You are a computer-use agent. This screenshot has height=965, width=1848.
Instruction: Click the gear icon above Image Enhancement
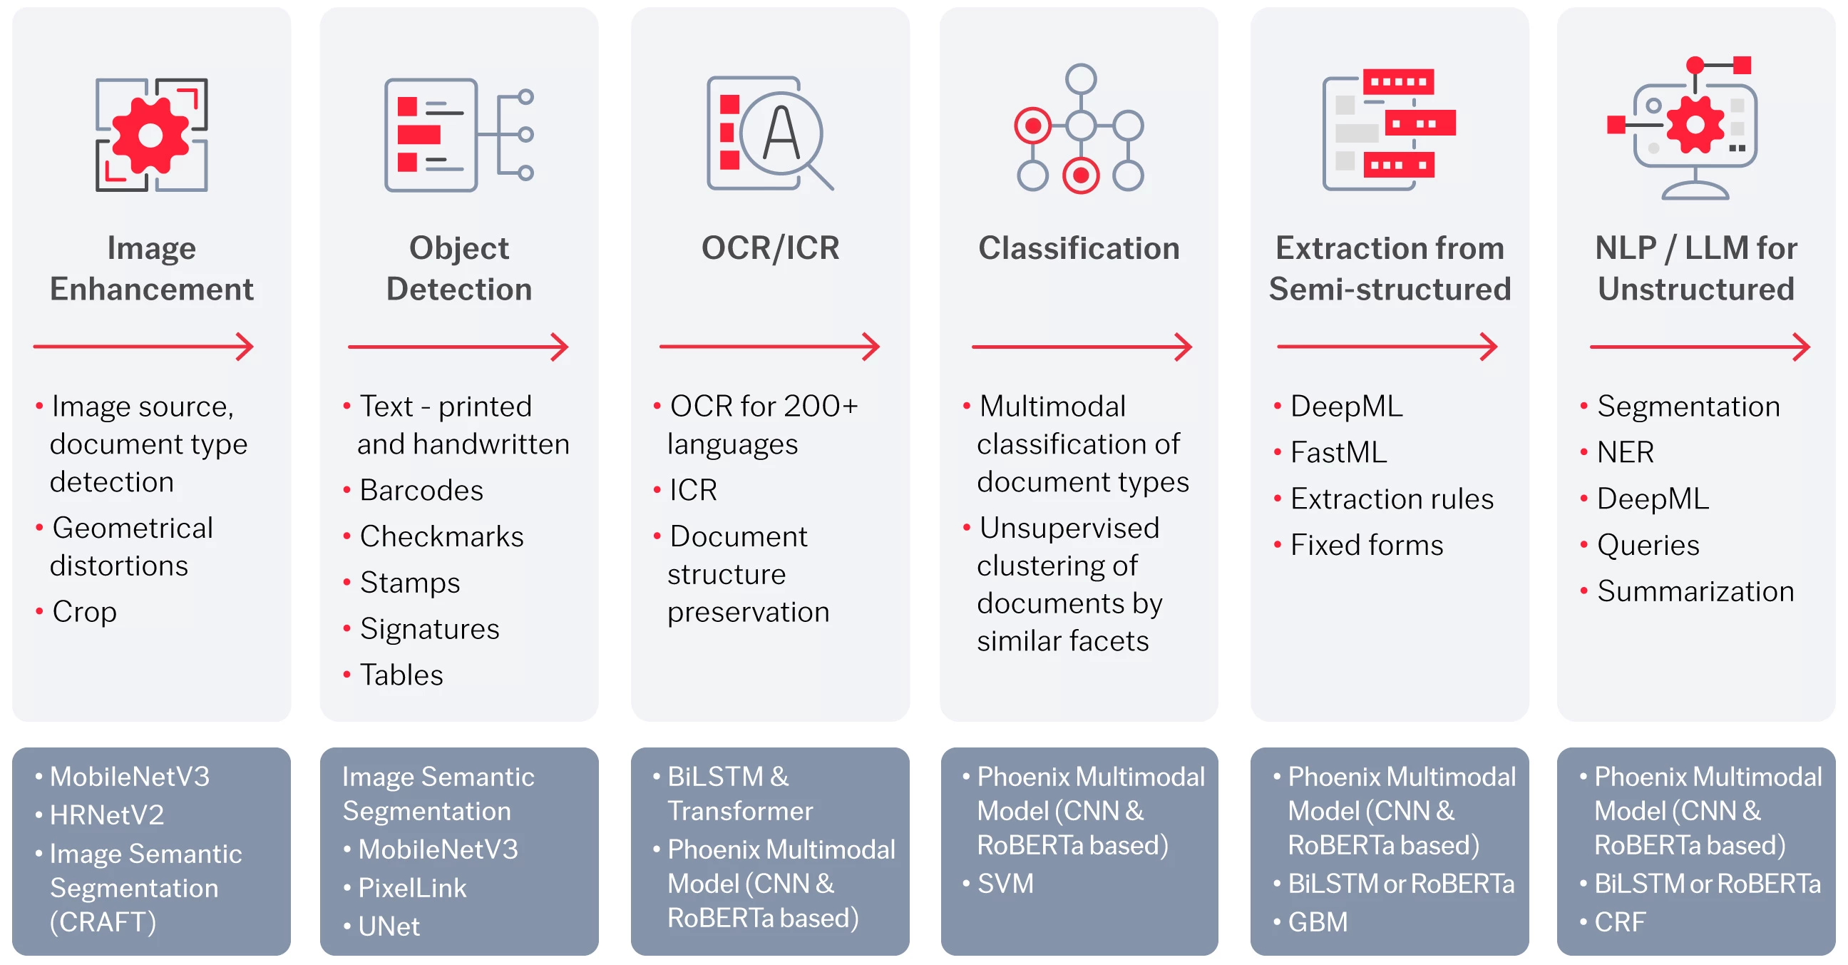(151, 135)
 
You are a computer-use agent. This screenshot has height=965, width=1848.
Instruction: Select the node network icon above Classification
(1079, 129)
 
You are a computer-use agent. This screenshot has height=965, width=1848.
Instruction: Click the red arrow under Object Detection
(458, 347)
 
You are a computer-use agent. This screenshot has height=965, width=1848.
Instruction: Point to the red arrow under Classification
(1082, 347)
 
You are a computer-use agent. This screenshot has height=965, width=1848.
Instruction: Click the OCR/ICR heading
(771, 248)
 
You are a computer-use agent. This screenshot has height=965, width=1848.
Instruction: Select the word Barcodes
(421, 491)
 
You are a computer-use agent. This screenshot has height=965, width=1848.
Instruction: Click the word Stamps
(410, 583)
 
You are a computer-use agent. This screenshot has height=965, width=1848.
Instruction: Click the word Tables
(401, 675)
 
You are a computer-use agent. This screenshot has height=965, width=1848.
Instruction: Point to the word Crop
(85, 612)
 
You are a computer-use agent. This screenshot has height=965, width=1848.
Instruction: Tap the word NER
(1626, 453)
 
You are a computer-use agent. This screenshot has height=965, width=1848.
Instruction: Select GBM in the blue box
(1318, 923)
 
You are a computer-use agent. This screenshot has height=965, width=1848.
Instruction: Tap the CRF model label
(1620, 923)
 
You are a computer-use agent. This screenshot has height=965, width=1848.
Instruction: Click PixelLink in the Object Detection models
(413, 888)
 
